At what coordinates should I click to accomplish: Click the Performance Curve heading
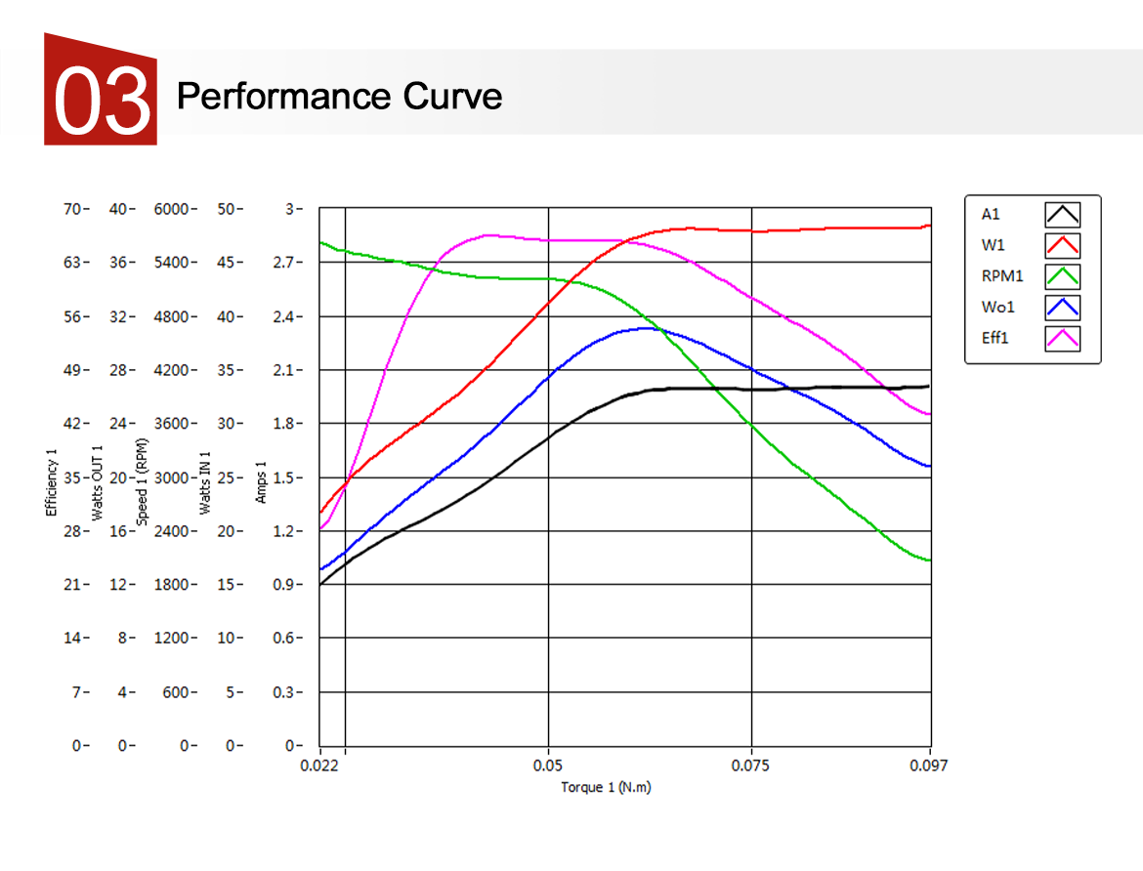click(339, 97)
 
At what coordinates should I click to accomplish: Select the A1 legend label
click(991, 215)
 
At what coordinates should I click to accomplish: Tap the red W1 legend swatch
click(1062, 245)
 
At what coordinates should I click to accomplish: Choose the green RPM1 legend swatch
click(1062, 276)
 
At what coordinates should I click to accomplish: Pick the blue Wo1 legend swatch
click(1062, 308)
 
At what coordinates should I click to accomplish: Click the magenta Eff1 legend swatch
click(1062, 339)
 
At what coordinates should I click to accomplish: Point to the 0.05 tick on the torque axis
click(548, 767)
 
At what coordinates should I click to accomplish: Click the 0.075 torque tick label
click(751, 767)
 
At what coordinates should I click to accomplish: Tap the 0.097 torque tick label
click(929, 767)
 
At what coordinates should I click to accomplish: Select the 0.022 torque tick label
click(319, 767)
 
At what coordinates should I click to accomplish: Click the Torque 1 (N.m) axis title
click(606, 787)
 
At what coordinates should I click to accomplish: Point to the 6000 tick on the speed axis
click(172, 209)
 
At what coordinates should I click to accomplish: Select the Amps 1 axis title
click(261, 477)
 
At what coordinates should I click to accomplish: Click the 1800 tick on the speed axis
click(172, 585)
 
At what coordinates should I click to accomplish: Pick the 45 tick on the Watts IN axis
click(227, 263)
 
